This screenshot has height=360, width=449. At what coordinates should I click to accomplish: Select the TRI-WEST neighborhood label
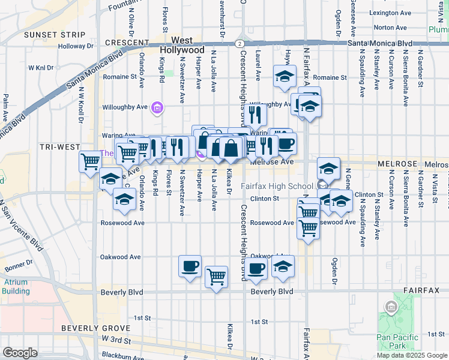(60, 146)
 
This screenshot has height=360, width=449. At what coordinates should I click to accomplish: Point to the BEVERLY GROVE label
(95, 328)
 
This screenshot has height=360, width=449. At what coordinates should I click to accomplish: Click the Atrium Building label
(16, 286)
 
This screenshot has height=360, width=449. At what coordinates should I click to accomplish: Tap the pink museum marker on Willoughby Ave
(157, 108)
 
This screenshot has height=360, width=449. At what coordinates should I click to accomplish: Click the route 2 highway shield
(240, 44)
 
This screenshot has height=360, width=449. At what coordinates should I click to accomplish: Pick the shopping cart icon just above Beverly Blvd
(216, 277)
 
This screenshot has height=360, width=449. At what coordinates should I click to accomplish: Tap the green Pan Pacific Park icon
(391, 308)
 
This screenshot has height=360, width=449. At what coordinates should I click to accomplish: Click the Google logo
(20, 353)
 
